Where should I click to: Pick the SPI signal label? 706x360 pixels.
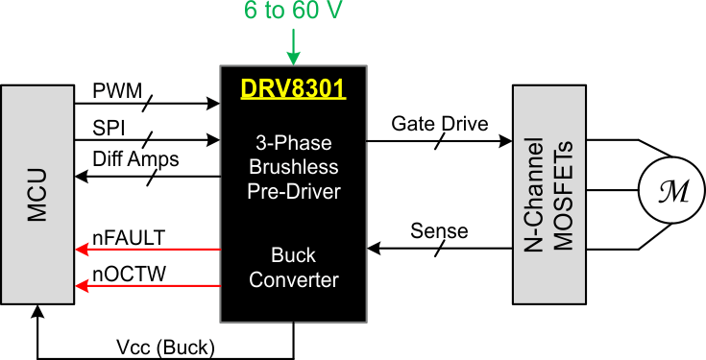click(109, 127)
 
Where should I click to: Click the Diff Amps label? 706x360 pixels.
click(135, 159)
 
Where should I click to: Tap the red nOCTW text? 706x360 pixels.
click(129, 275)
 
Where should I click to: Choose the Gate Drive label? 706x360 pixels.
click(439, 124)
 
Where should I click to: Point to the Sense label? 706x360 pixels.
click(439, 231)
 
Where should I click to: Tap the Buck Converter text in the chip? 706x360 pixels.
click(292, 269)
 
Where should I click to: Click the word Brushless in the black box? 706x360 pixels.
click(292, 168)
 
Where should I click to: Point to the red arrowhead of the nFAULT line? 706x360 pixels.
click(82, 251)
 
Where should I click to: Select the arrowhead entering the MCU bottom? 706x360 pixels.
click(37, 311)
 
